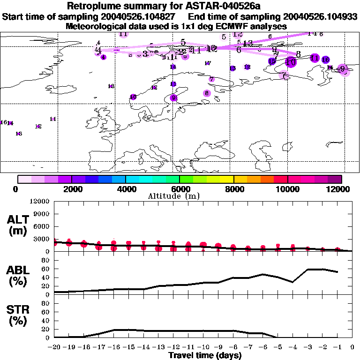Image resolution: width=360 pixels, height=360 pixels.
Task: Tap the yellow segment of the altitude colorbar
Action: tap(227, 179)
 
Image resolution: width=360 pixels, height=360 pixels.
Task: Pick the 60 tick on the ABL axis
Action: tap(46, 270)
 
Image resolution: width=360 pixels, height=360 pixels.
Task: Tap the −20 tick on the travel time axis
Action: tap(54, 347)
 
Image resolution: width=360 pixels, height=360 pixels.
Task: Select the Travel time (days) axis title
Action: tap(205, 355)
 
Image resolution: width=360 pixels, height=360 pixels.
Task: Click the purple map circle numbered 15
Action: tap(272, 61)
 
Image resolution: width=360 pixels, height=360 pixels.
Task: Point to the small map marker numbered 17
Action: tap(208, 63)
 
